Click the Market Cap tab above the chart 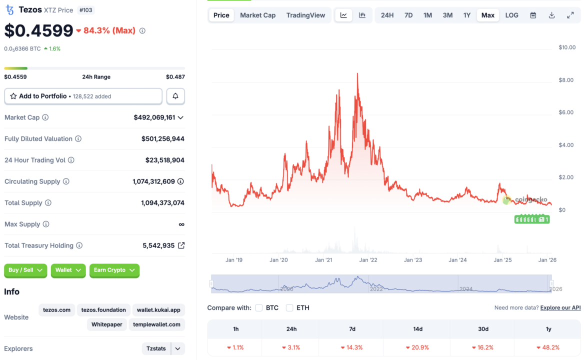257,15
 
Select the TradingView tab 305,15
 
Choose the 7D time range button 408,15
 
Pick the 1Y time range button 466,15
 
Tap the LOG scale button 511,15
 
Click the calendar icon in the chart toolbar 533,15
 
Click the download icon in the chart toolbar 551,15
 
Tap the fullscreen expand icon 570,15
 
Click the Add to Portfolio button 83,96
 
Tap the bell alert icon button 175,96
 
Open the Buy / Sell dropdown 25,270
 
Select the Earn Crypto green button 114,270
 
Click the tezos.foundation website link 103,310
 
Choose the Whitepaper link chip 107,324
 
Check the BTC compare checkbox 259,308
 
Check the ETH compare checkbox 289,308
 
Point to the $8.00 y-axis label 566,80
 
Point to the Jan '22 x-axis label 368,260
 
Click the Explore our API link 560,308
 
